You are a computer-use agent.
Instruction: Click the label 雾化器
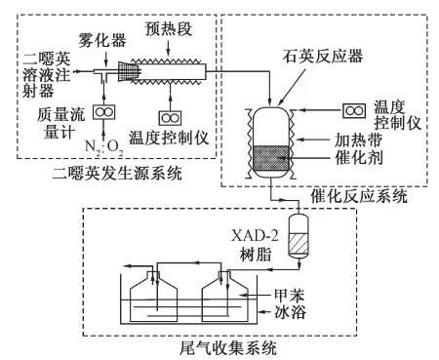coord(101,41)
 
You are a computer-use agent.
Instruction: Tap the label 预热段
coord(168,29)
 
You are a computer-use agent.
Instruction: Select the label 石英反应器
coord(322,56)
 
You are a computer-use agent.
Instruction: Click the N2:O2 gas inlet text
coord(104,147)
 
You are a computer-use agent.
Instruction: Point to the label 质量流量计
coord(60,124)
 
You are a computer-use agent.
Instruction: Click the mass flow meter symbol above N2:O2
coord(104,112)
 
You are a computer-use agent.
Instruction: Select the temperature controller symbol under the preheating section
coord(170,118)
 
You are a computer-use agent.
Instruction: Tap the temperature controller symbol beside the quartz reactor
coord(354,110)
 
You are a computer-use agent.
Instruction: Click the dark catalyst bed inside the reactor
coord(270,159)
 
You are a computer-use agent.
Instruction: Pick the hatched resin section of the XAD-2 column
coord(299,245)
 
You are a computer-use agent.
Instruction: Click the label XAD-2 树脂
coord(255,245)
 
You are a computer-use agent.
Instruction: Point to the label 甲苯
coord(289,296)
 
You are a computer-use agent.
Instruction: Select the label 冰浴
coord(290,312)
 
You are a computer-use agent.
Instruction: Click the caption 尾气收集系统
coord(227,348)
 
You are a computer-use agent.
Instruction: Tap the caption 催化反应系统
coord(359,196)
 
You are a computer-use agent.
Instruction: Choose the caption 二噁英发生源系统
coord(117,173)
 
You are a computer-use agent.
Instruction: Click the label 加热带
coord(358,140)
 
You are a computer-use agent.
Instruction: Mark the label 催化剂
coord(358,158)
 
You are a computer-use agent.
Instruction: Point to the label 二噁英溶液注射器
coord(46,75)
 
